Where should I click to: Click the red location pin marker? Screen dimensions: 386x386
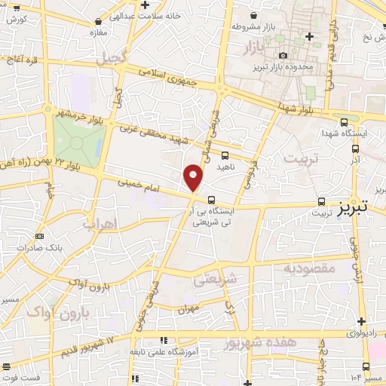(x=194, y=177)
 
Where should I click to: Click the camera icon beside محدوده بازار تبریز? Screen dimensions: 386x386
(x=283, y=55)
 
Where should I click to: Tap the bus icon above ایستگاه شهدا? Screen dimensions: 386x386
(x=345, y=121)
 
